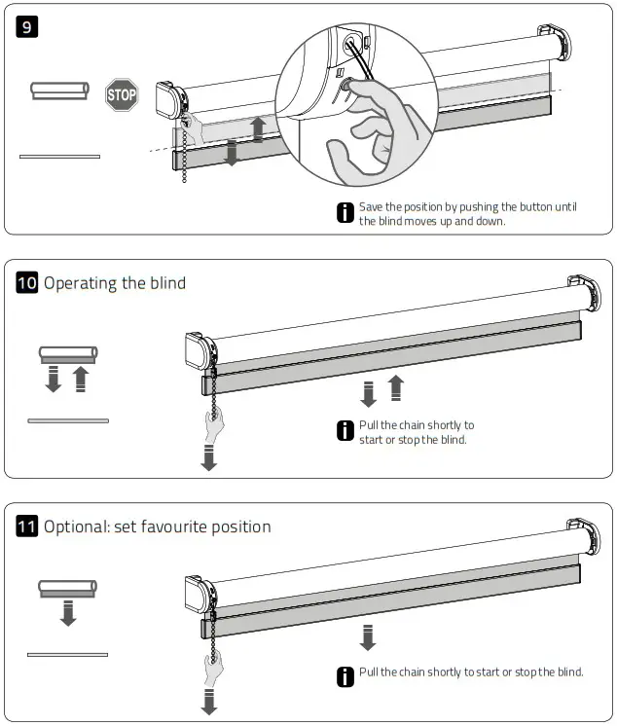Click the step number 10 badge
[28, 283]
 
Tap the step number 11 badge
[28, 526]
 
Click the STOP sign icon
[122, 95]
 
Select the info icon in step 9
[345, 214]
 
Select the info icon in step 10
[345, 432]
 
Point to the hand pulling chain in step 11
[213, 669]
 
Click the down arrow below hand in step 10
[208, 458]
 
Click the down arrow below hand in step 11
[208, 701]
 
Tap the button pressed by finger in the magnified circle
[345, 90]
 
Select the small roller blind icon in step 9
[59, 91]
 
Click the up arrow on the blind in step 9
[258, 129]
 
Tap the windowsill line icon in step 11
[67, 654]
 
